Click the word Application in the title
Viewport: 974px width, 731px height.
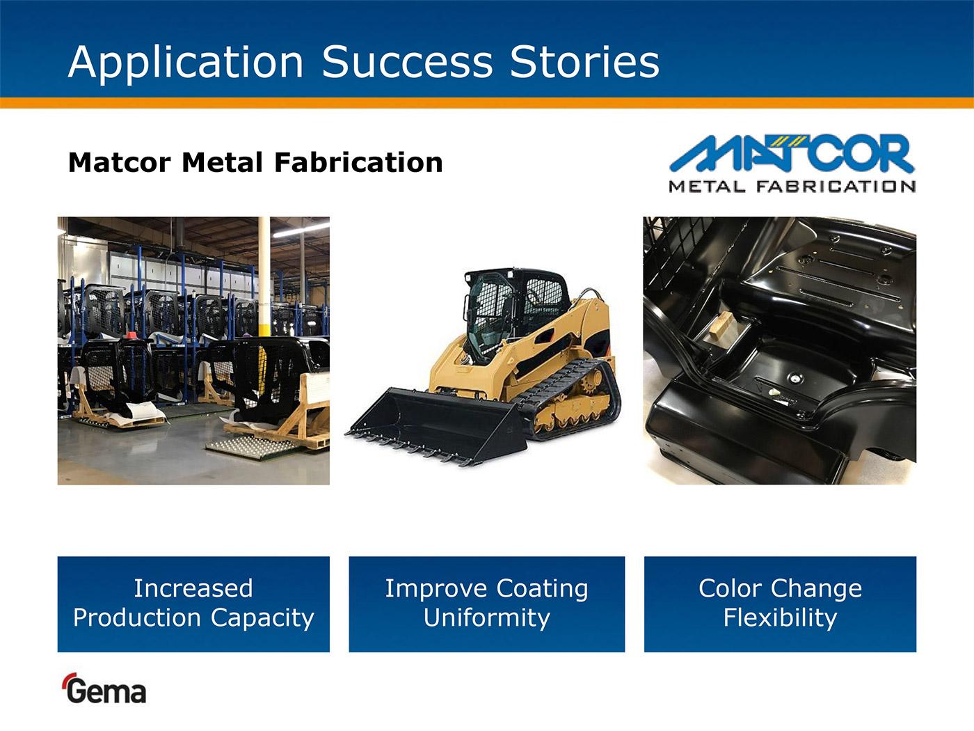[186, 62]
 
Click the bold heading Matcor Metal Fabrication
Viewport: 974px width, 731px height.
[255, 162]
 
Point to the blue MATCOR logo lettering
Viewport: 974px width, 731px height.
[792, 153]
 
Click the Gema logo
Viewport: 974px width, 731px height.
[104, 689]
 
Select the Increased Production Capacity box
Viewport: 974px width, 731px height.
[193, 604]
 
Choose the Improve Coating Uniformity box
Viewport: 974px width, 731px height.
[487, 604]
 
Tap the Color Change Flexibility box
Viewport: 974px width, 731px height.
[780, 604]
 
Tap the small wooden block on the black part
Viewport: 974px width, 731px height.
[721, 325]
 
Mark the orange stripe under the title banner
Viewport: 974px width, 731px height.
[487, 103]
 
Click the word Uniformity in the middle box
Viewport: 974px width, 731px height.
[487, 618]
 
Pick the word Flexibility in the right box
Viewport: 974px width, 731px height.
[780, 618]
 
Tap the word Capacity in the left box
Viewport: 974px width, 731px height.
[262, 618]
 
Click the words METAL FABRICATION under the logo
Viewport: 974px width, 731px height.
[792, 186]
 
